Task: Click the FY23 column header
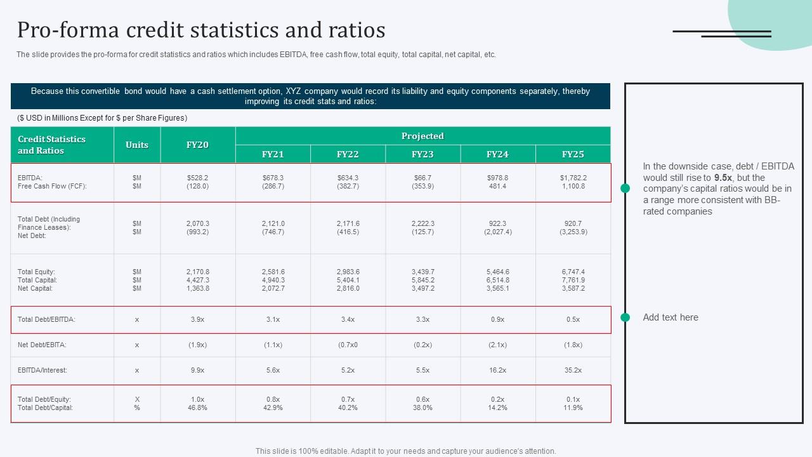click(422, 154)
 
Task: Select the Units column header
click(137, 145)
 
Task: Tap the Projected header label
click(422, 136)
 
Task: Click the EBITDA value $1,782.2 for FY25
click(573, 178)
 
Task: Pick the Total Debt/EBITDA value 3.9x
click(197, 320)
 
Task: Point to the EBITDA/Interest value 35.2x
click(573, 370)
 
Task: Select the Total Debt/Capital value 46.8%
click(197, 407)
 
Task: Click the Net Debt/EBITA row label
click(42, 345)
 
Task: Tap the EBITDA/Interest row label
click(43, 370)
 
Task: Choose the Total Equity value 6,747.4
click(573, 272)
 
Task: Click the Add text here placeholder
click(671, 317)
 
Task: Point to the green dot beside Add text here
click(625, 317)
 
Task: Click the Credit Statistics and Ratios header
click(51, 145)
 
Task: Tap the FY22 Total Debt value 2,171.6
click(348, 223)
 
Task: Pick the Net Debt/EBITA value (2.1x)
click(497, 345)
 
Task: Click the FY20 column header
click(197, 145)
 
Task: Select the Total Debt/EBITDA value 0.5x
click(573, 320)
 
